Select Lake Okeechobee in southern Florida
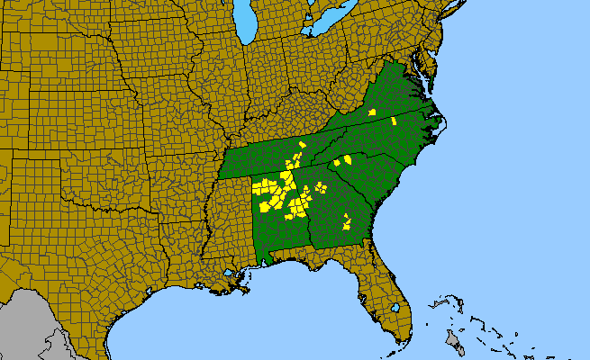[395, 307]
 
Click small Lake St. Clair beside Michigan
[307, 15]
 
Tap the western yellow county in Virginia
[372, 112]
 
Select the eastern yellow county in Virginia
[395, 121]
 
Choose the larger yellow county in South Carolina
[346, 160]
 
